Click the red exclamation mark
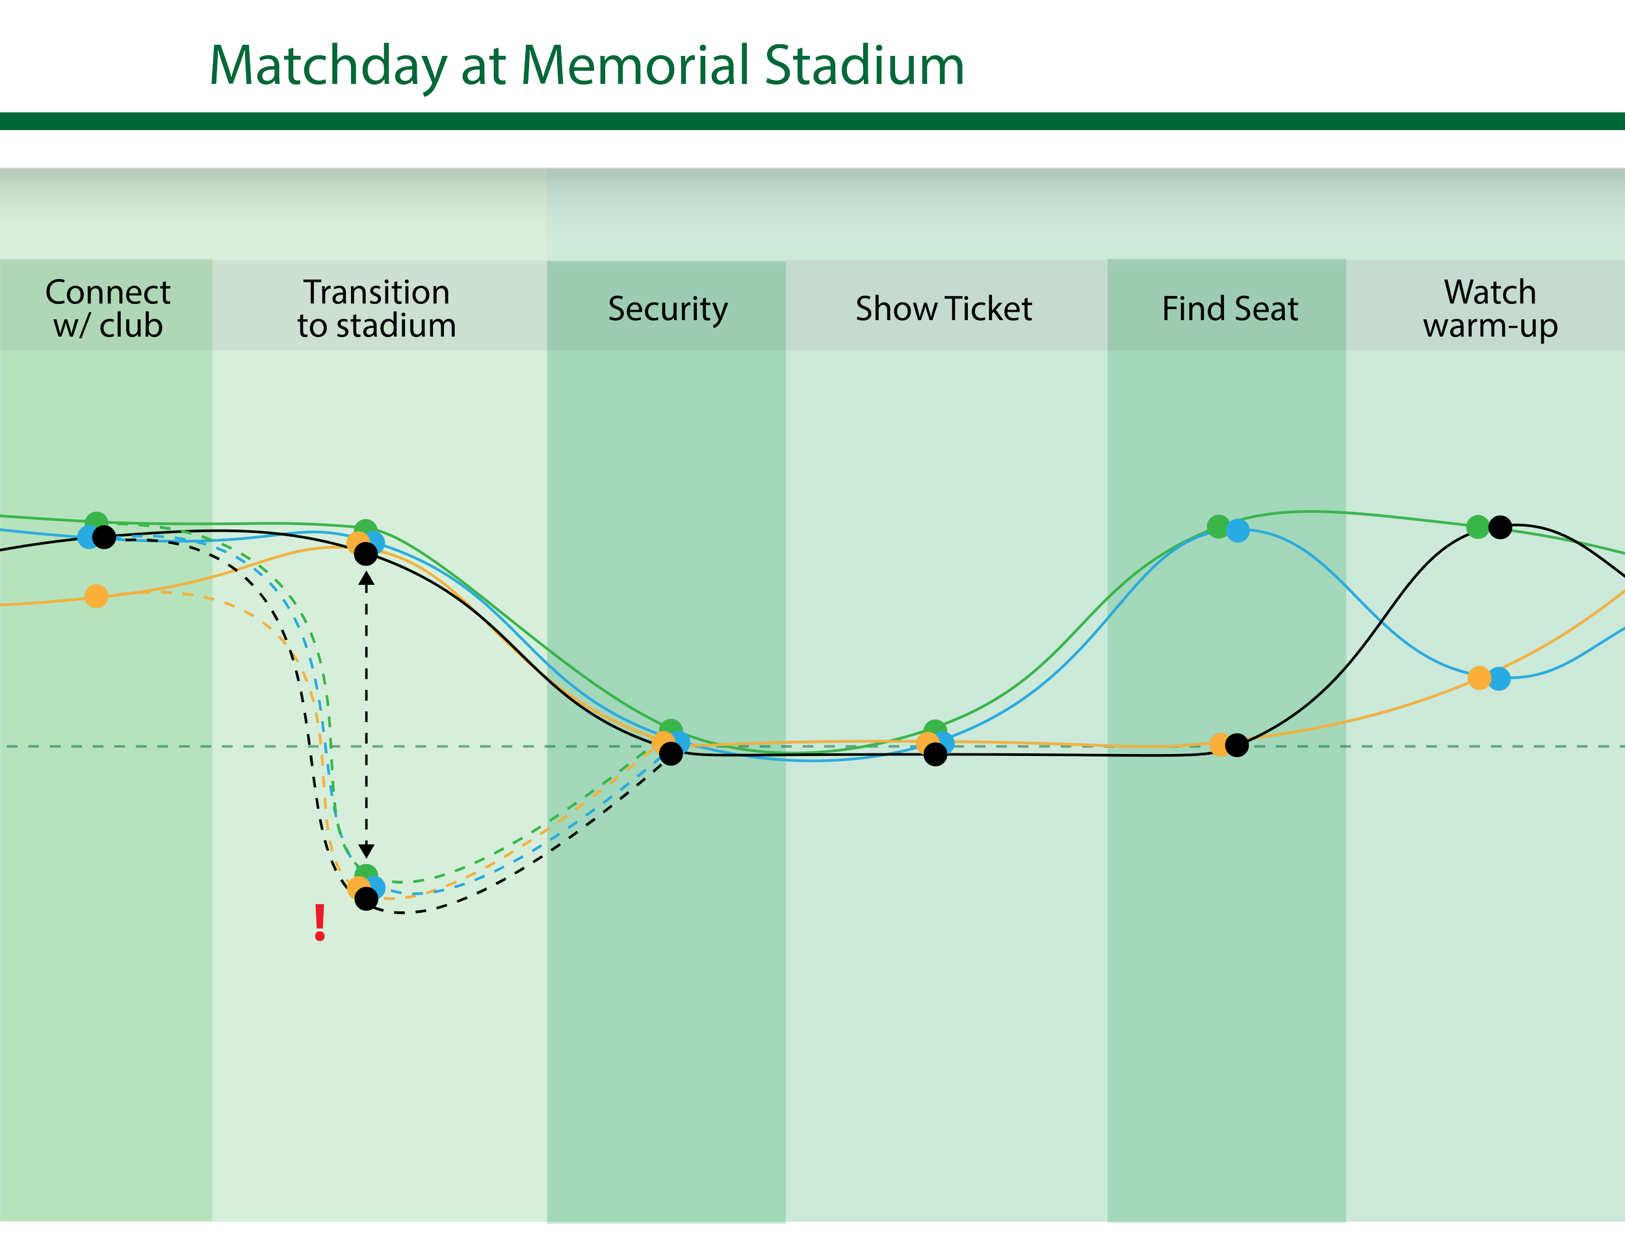pos(320,923)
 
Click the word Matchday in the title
pos(328,67)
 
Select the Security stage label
pos(668,308)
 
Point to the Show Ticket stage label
pos(943,308)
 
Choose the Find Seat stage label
pos(1229,308)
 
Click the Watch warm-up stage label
pos(1490,308)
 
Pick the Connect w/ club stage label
pos(108,308)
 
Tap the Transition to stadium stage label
pos(376,308)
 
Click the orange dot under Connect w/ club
pos(97,597)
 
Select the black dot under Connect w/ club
pos(104,537)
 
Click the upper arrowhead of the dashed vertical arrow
pos(366,578)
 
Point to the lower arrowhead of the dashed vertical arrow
pos(366,852)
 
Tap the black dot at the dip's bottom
pos(366,898)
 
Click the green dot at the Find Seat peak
pos(1218,526)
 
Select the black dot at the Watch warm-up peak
pos(1500,527)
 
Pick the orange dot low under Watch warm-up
pos(1479,679)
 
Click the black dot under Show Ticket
pos(935,754)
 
